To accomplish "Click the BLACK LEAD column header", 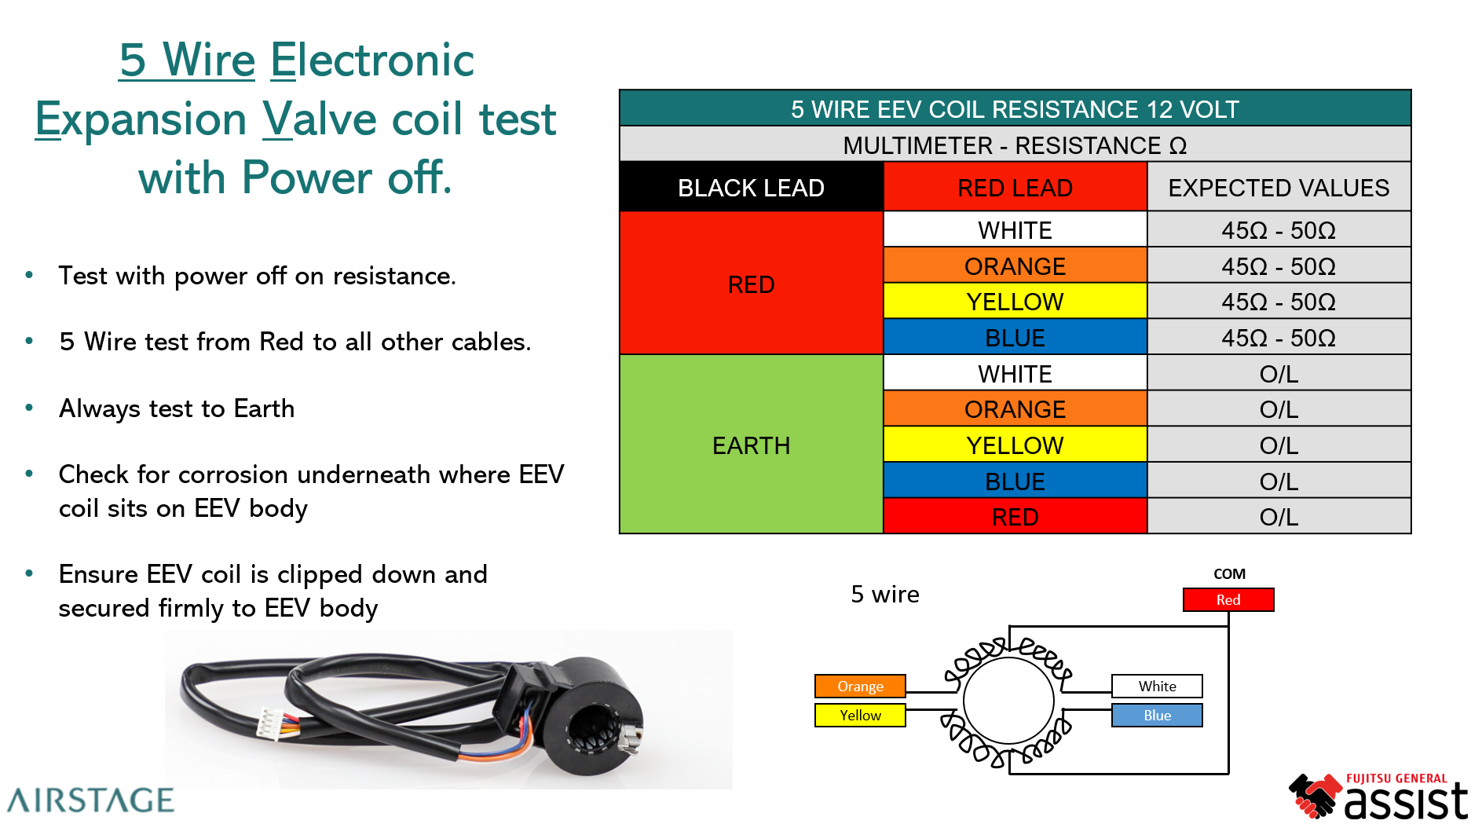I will pos(751,188).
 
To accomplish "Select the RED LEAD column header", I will pos(1015,188).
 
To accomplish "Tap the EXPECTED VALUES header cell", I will pos(1279,188).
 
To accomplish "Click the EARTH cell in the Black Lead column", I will pos(751,445).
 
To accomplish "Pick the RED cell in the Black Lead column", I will pos(751,284).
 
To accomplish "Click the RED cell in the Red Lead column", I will pos(1015,517).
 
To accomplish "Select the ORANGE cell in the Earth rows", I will pos(1015,409).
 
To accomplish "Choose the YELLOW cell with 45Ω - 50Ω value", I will pos(1015,302).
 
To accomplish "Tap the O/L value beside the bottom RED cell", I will pos(1279,517).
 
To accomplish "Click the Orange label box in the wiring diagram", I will pos(860,686).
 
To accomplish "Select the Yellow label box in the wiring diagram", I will pos(860,715).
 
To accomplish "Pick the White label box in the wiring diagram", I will pos(1157,686).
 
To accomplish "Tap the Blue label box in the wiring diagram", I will pos(1157,715).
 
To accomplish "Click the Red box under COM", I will pos(1228,599).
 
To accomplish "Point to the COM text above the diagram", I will pos(1229,574).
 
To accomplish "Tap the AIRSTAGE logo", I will pos(90,800).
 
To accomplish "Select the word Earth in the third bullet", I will pos(264,408).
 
